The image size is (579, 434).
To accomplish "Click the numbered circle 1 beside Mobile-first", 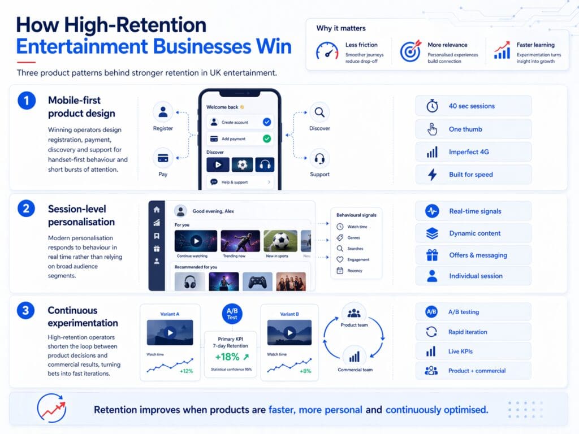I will pyautogui.click(x=27, y=101).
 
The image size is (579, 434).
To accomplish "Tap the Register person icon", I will pyautogui.click(x=163, y=112).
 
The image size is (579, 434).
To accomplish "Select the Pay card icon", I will pyautogui.click(x=163, y=158).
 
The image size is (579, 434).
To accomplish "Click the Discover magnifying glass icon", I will pyautogui.click(x=319, y=112).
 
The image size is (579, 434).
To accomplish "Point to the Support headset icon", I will pyautogui.click(x=319, y=158).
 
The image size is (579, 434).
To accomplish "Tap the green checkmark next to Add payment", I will pyautogui.click(x=267, y=138).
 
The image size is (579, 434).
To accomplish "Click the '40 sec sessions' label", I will pyautogui.click(x=472, y=106).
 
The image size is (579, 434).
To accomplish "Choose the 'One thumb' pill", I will pyautogui.click(x=473, y=129).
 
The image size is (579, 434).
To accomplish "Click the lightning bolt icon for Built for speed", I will pyautogui.click(x=433, y=175).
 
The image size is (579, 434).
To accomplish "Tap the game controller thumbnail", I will pyautogui.click(x=257, y=281).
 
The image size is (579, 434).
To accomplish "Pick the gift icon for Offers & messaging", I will pyautogui.click(x=433, y=255).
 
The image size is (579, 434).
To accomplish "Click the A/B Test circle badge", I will pyautogui.click(x=232, y=315).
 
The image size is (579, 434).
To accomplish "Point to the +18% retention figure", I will pyautogui.click(x=227, y=357).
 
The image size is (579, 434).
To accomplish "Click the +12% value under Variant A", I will pyautogui.click(x=187, y=371).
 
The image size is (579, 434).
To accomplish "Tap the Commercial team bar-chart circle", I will pyautogui.click(x=354, y=357).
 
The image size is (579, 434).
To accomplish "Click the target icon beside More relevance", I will pyautogui.click(x=411, y=51).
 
